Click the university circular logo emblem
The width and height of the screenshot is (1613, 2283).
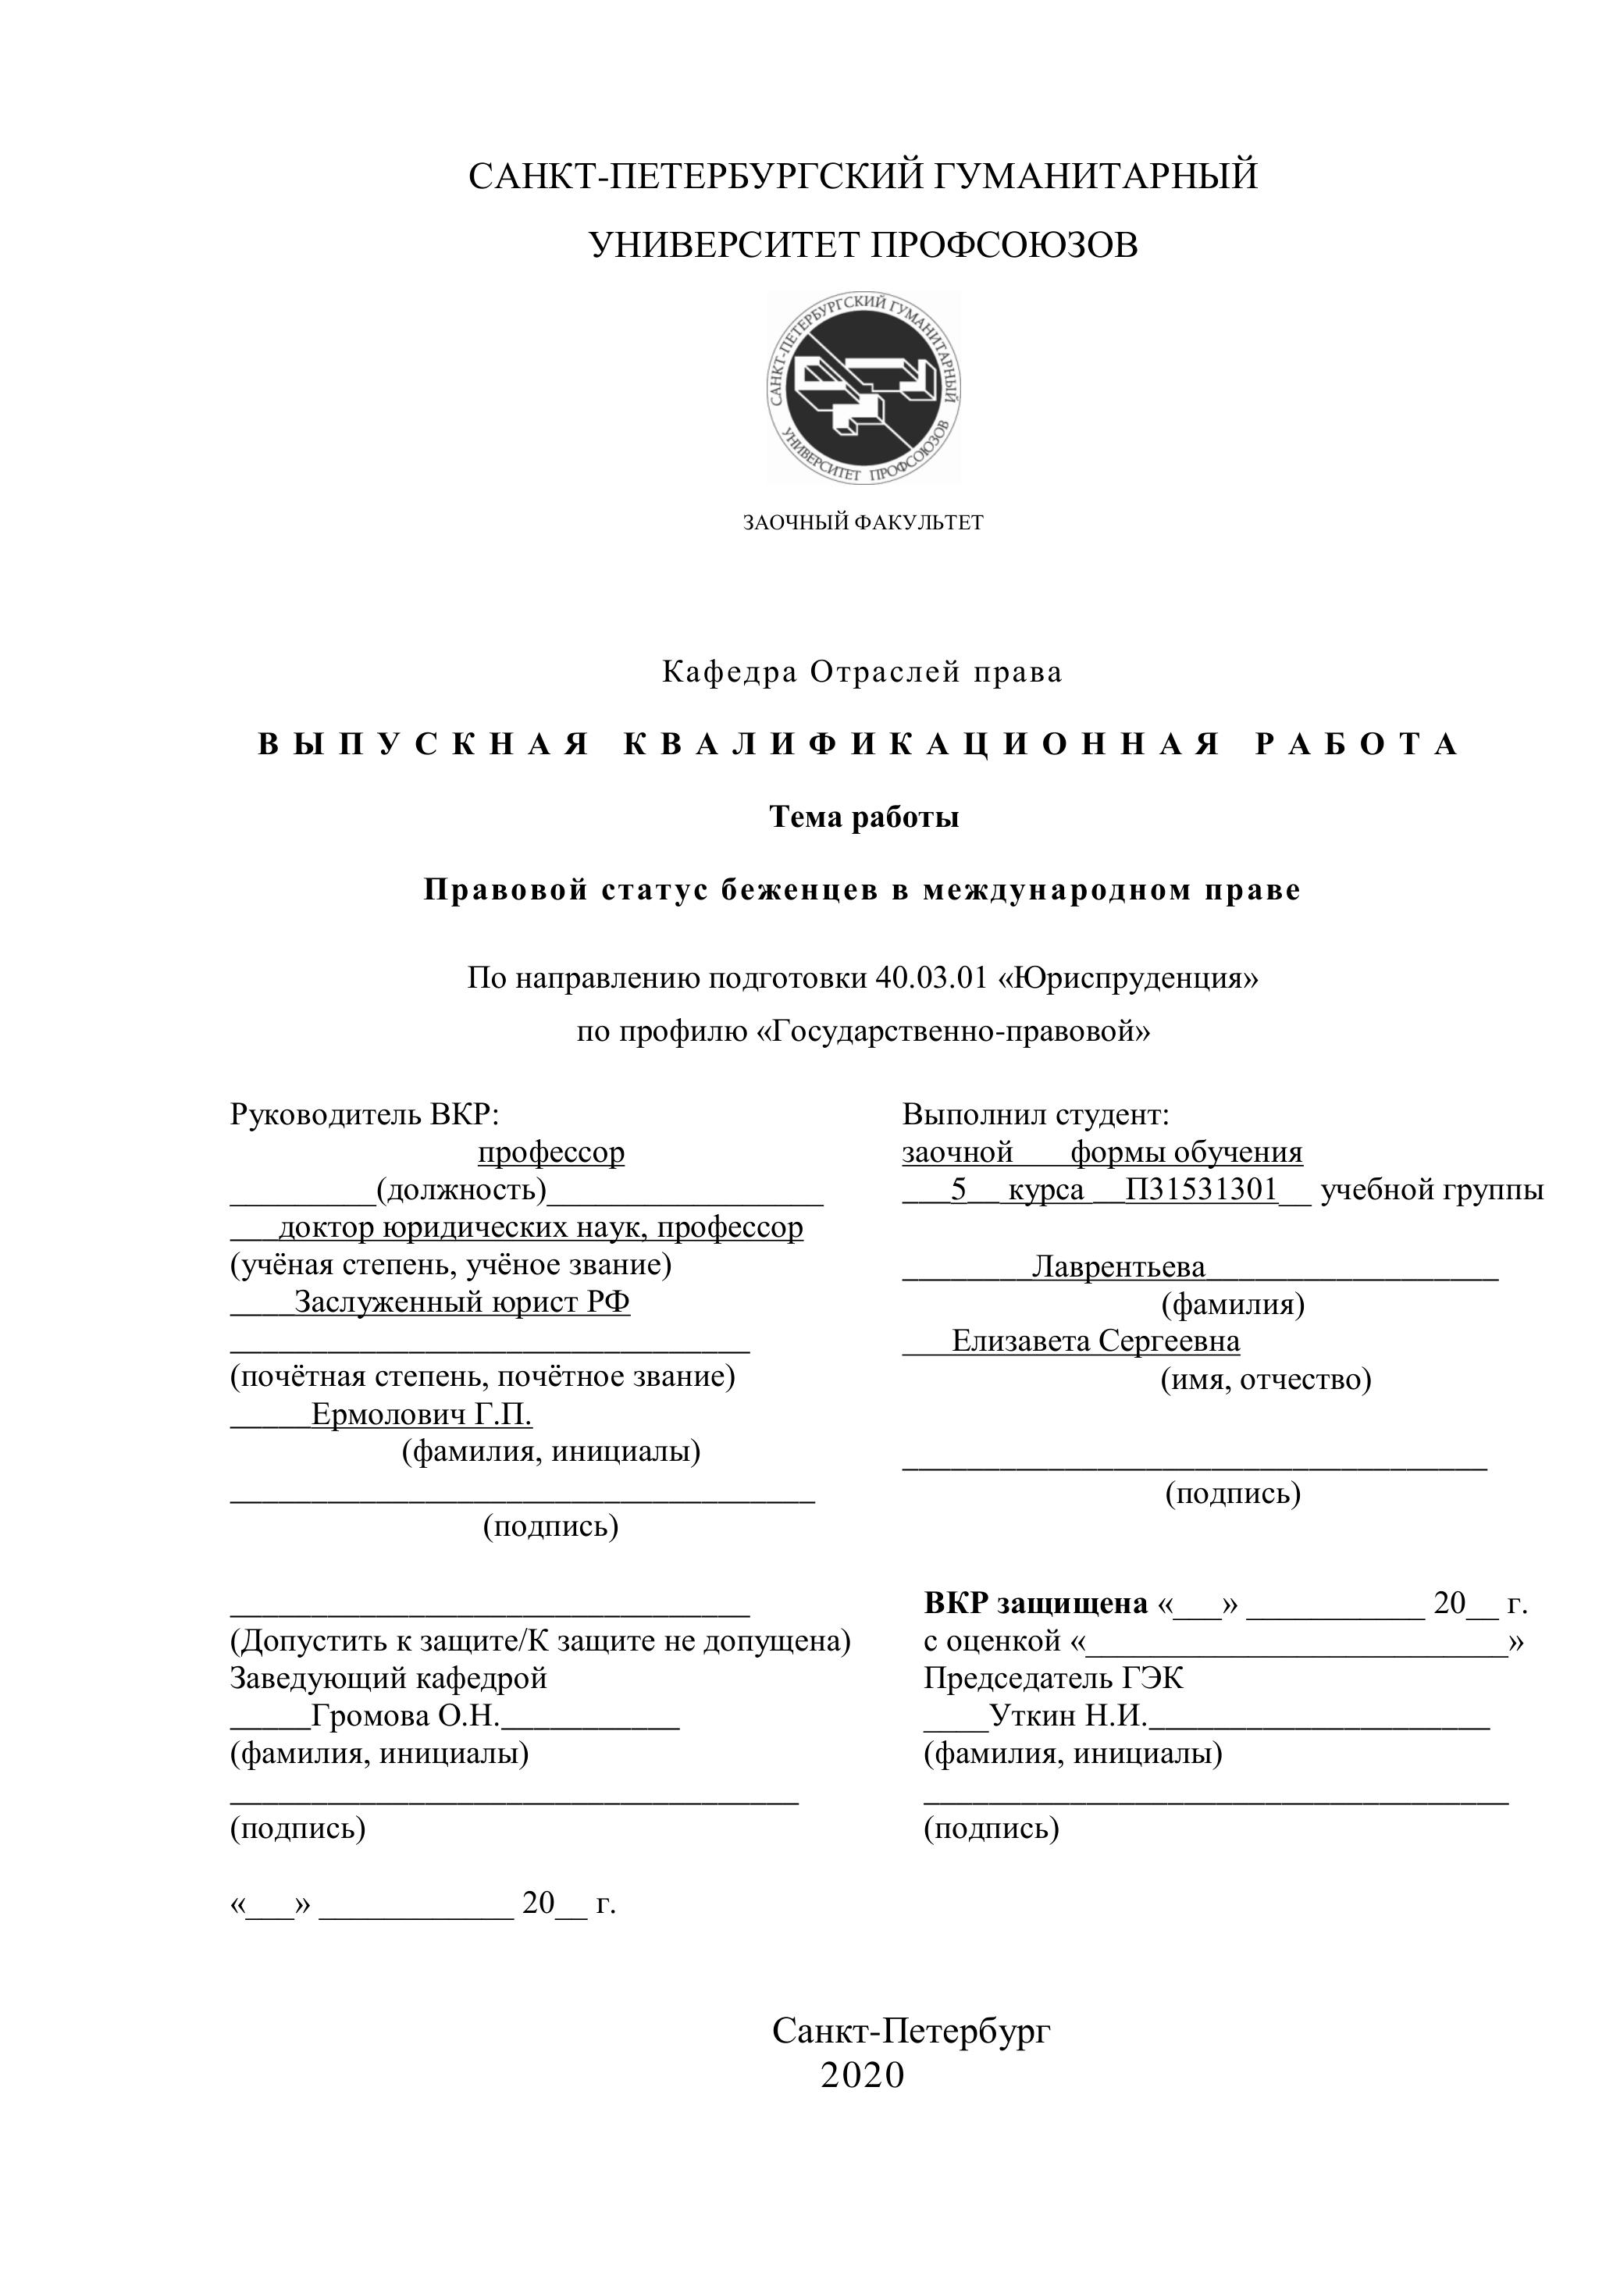pyautogui.click(x=863, y=388)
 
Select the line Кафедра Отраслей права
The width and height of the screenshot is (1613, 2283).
pyautogui.click(x=862, y=673)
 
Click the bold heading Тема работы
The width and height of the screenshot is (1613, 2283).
pyautogui.click(x=863, y=817)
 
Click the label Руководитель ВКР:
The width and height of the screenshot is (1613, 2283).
pyautogui.click(x=364, y=1115)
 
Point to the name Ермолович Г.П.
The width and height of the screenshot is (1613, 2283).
pyautogui.click(x=421, y=1414)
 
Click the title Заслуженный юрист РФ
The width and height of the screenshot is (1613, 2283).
pyautogui.click(x=461, y=1302)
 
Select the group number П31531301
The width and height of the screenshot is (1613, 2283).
pyautogui.click(x=1200, y=1189)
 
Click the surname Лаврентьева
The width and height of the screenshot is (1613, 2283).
pyautogui.click(x=1118, y=1266)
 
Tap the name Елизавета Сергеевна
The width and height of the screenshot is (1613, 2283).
pyautogui.click(x=1095, y=1341)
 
